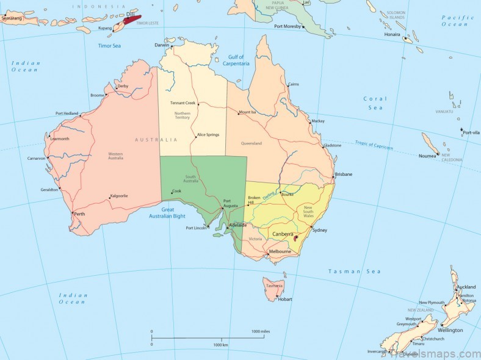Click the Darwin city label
tap(162, 45)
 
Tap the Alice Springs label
tap(208, 135)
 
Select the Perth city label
tap(79, 214)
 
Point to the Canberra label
tap(283, 234)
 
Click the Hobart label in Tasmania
tap(285, 299)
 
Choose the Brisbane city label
tap(343, 174)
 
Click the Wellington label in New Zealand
tap(450, 330)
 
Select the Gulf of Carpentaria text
tap(235, 60)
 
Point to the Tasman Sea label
tap(354, 272)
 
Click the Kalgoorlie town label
tap(118, 196)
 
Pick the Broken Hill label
tap(255, 200)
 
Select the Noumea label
tap(427, 156)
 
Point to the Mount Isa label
tap(247, 112)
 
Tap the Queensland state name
tap(251, 143)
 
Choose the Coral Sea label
tap(375, 103)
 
